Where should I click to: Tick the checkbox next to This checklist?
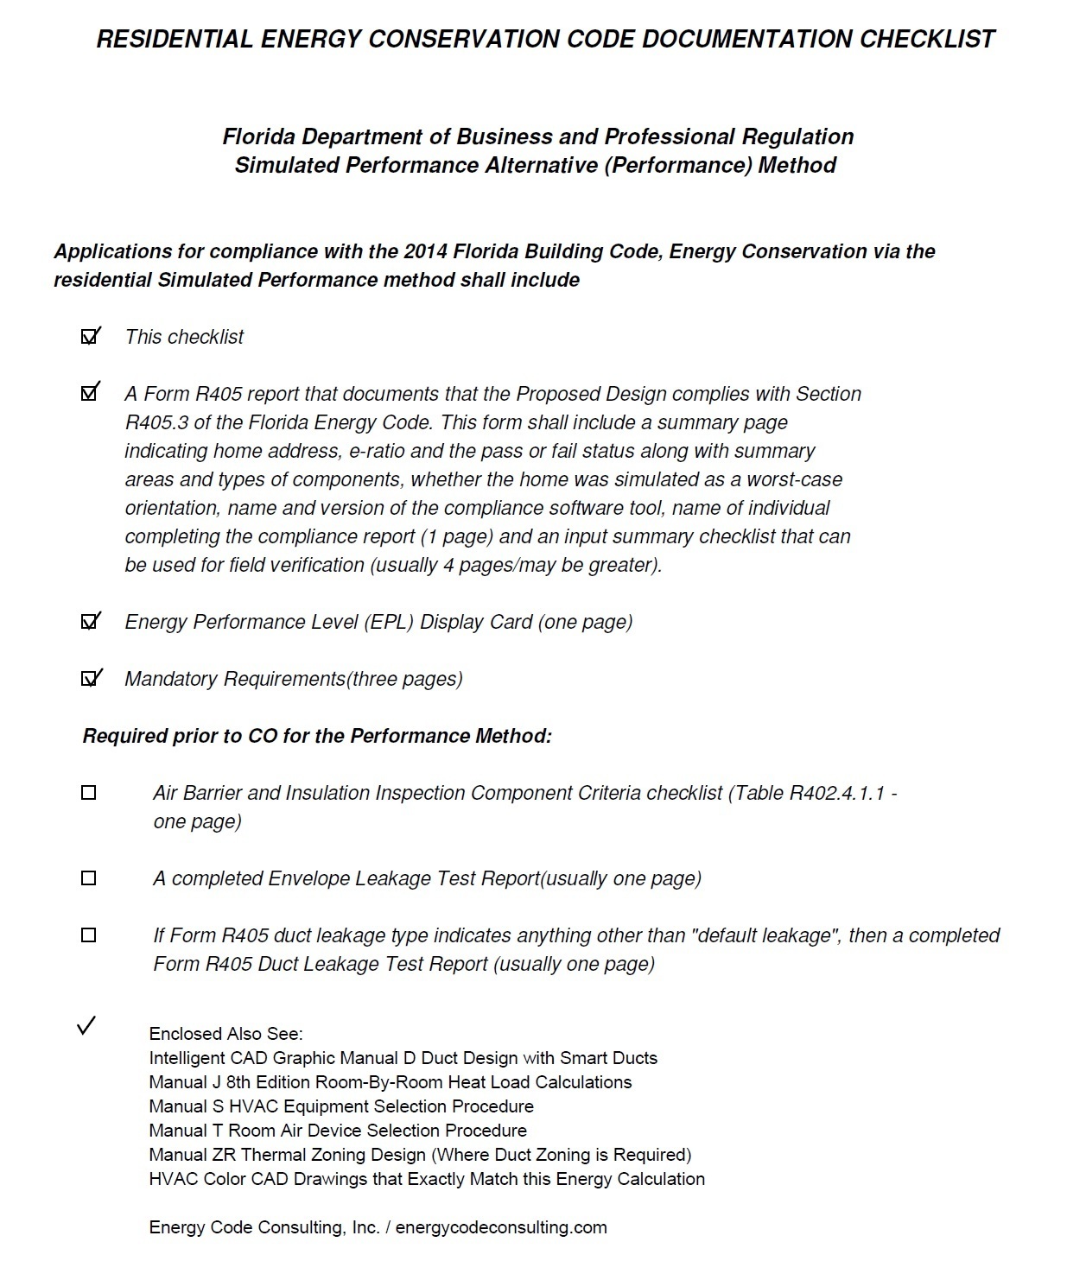point(89,337)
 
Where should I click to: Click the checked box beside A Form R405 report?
point(89,394)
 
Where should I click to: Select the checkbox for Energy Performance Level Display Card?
point(89,622)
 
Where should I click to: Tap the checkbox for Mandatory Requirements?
point(89,679)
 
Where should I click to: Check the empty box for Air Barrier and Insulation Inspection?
point(88,793)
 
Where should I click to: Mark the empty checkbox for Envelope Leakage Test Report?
point(88,878)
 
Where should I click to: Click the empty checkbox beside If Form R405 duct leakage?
point(88,935)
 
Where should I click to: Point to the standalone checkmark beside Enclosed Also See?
point(86,1026)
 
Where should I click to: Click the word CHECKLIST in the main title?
point(927,39)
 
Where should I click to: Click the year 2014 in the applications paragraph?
point(425,251)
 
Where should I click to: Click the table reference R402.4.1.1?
point(836,793)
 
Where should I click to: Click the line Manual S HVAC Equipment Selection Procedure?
point(340,1106)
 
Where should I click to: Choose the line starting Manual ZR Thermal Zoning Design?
point(420,1155)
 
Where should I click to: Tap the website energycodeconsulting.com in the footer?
point(501,1227)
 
